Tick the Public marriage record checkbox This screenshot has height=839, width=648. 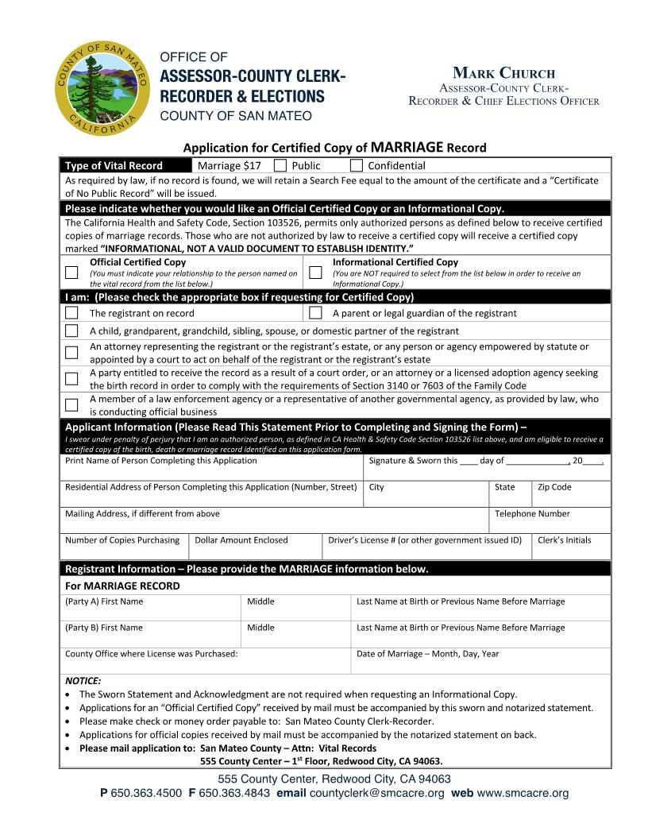pos(280,165)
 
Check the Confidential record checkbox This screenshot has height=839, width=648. pos(357,165)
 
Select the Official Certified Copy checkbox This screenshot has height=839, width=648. pos(71,273)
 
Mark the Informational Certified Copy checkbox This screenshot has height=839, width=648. pos(315,273)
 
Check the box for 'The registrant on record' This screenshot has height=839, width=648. pos(71,313)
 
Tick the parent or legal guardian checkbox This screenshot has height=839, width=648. pos(315,313)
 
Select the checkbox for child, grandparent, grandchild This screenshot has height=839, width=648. pos(71,331)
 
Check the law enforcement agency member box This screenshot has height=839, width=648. pos(71,405)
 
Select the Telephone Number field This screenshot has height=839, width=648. pos(550,524)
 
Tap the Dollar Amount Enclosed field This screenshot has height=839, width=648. pos(256,550)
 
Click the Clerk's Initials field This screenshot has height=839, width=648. pos(572,550)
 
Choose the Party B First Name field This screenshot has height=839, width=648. pos(149,638)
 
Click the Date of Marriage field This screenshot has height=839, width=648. pos(480,664)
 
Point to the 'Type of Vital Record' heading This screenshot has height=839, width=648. pos(114,166)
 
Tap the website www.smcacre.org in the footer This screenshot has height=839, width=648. pos(523,794)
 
